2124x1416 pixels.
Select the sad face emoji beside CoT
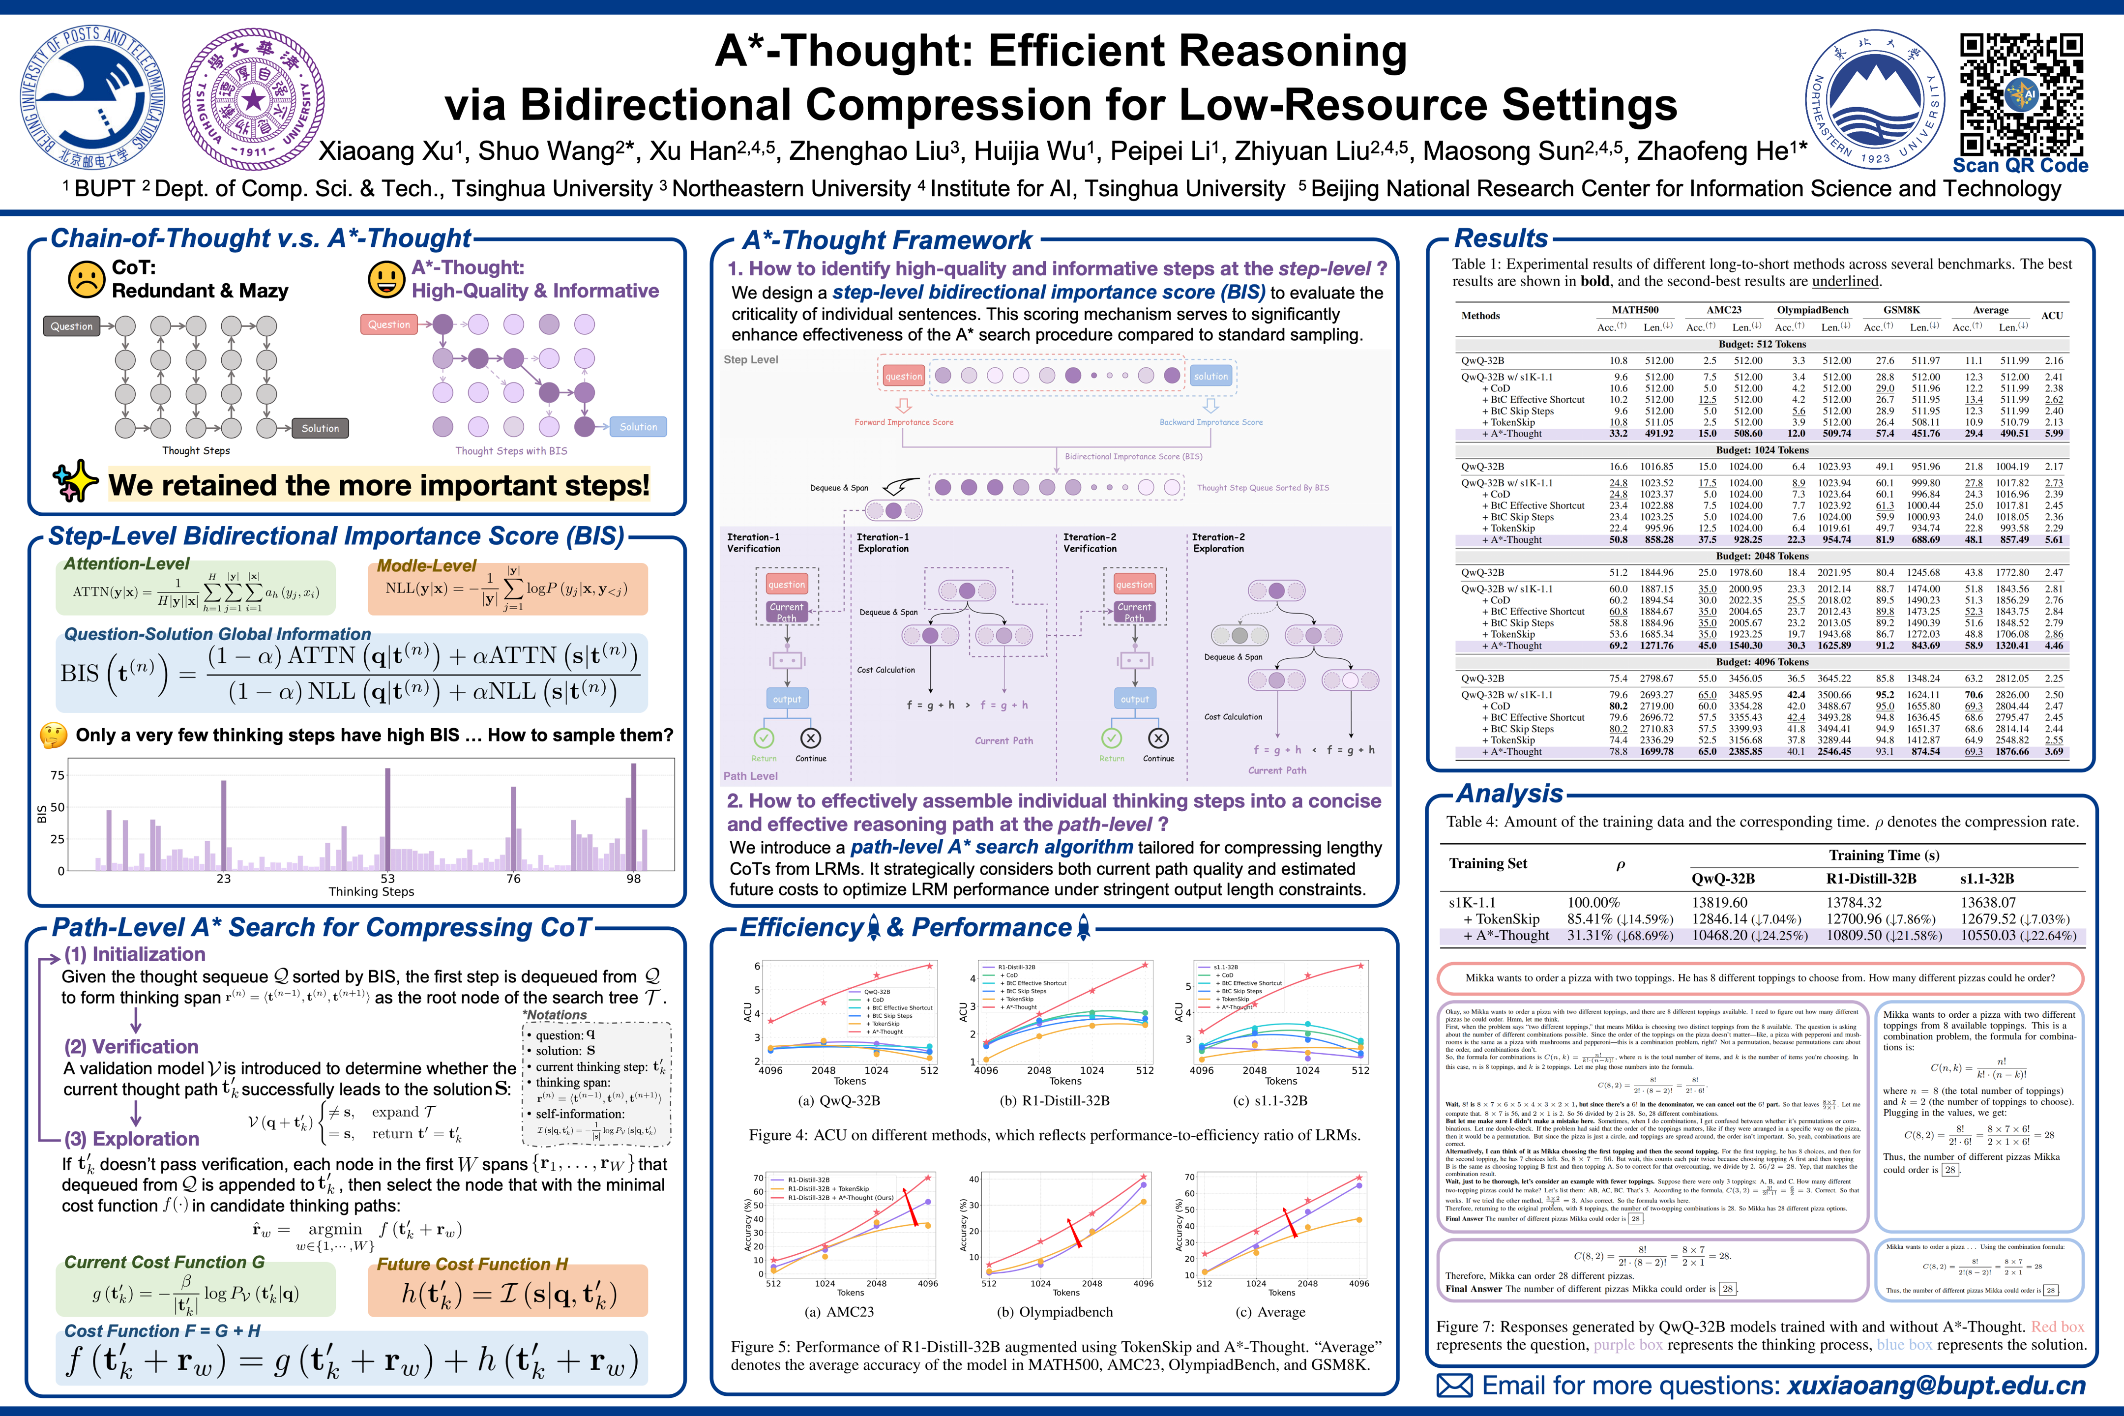pyautogui.click(x=87, y=280)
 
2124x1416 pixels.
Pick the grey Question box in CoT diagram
pyautogui.click(x=71, y=326)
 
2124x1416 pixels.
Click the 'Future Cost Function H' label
pyautogui.click(x=472, y=1264)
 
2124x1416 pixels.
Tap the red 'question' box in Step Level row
pyautogui.click(x=903, y=376)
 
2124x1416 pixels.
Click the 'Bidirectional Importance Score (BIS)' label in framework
pyautogui.click(x=1133, y=457)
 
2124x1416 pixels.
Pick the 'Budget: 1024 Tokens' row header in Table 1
pyautogui.click(x=1762, y=450)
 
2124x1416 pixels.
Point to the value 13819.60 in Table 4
pyautogui.click(x=1719, y=902)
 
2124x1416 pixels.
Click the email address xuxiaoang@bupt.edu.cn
pyautogui.click(x=1936, y=1386)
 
